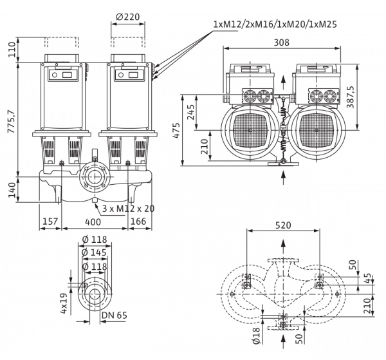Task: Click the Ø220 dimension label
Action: coord(127,17)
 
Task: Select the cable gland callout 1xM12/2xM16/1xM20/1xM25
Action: coord(275,24)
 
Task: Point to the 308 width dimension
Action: coord(282,43)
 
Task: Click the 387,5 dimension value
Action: coord(350,97)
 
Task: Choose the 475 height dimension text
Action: coord(176,130)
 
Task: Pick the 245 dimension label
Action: coord(191,112)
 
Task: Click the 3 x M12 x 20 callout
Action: coord(128,209)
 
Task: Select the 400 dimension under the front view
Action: coord(93,222)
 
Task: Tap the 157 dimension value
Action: coord(50,221)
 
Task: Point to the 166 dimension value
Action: coord(138,221)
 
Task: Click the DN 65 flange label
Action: coord(115,315)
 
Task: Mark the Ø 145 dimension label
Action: coord(95,252)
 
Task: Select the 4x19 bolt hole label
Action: coord(64,303)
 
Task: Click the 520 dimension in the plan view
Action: coord(283,225)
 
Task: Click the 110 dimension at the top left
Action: coord(12,50)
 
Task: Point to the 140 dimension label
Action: coord(12,190)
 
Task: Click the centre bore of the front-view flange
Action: coord(95,176)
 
